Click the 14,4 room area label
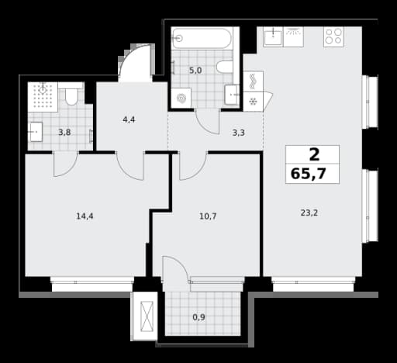point(85,216)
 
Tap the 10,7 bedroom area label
point(208,216)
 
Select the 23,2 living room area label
point(309,213)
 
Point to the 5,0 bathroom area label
point(195,71)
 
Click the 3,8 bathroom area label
point(64,133)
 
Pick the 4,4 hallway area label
point(129,119)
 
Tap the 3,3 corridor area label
point(239,133)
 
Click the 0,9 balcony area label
point(199,317)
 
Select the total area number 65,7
point(308,173)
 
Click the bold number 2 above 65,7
point(314,155)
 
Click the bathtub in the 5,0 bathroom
point(202,38)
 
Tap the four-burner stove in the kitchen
point(333,36)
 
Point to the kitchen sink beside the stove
point(273,36)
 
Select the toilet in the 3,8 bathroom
point(71,96)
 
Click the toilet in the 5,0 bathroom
point(225,67)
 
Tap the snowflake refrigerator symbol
point(253,102)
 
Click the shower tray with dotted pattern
point(43,97)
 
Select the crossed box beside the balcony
point(147,316)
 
